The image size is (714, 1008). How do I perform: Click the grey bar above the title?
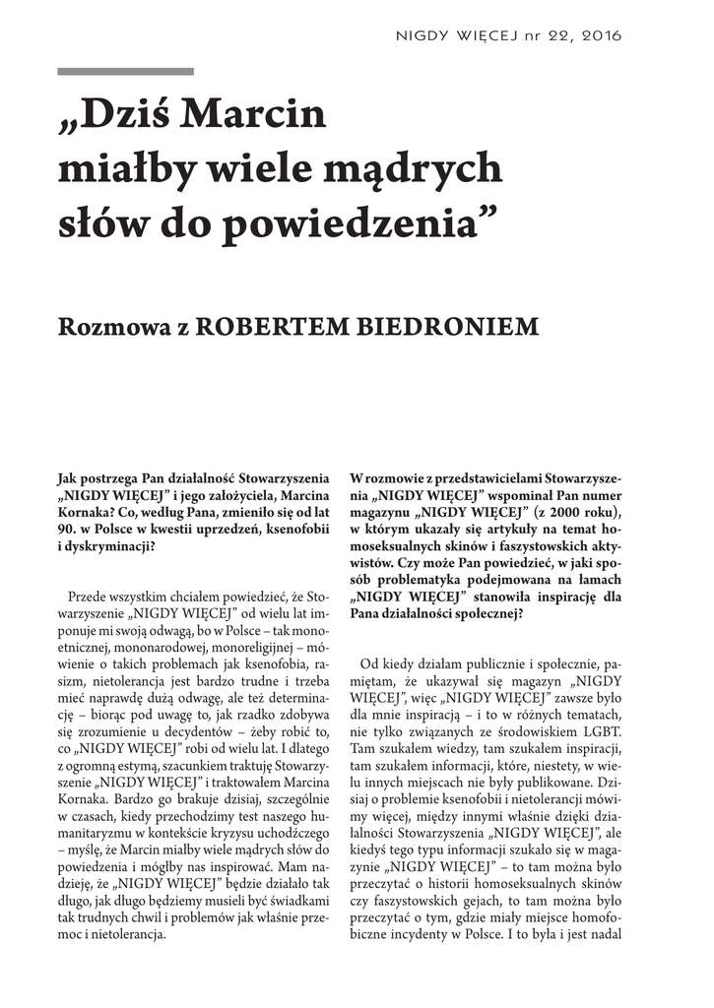click(125, 72)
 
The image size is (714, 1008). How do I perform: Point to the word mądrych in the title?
click(427, 169)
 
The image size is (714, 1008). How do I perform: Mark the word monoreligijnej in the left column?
click(261, 648)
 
